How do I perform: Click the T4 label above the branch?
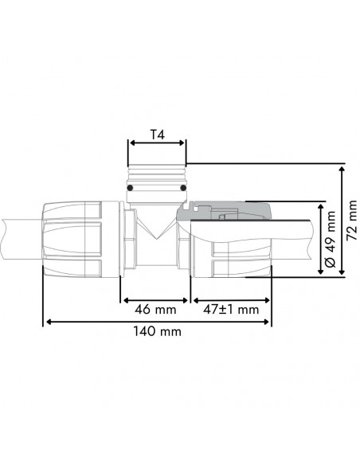157,135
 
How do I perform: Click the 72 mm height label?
351,219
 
